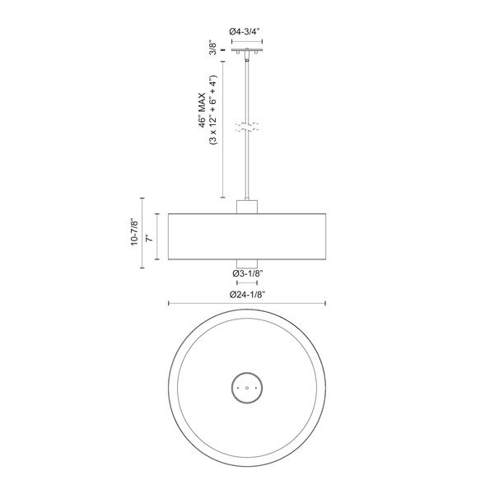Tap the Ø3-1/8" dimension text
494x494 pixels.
pyautogui.click(x=247, y=272)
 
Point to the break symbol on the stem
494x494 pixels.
pyautogui.click(x=247, y=128)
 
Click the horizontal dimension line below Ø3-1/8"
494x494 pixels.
pyautogui.click(x=247, y=281)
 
